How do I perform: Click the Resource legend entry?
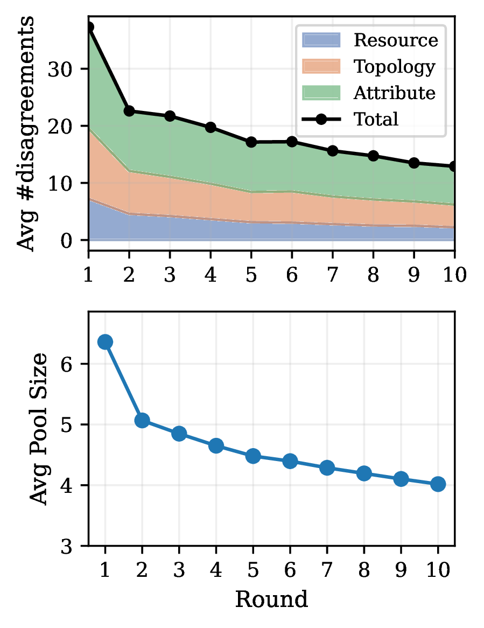coord(395,40)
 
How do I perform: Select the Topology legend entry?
coord(394,67)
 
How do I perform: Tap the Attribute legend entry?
coord(394,93)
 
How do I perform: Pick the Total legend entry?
coord(375,120)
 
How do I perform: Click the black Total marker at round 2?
coord(129,111)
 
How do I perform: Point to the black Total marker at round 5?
coord(251,142)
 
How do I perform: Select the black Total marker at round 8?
coord(373,156)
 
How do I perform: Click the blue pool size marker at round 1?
coord(105,341)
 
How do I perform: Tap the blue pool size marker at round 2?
coord(142,420)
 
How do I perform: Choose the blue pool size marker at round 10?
coord(438,484)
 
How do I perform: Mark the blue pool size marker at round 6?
coord(290,460)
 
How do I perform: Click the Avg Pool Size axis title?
coord(39,428)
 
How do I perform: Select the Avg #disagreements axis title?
coord(27,134)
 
